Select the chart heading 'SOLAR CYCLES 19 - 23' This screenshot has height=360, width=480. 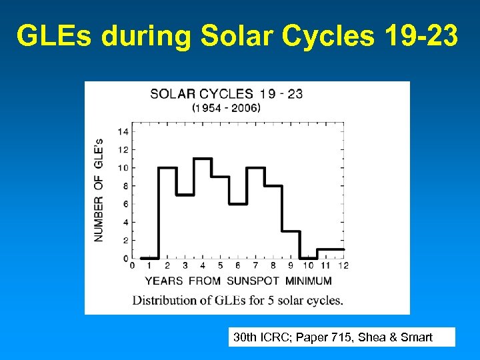[x=226, y=94]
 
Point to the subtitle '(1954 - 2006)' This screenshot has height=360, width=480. [x=226, y=107]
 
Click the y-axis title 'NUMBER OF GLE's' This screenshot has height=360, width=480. [x=99, y=190]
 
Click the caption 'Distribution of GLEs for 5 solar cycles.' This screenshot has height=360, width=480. [x=238, y=300]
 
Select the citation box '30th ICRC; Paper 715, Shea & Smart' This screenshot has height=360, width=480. [x=341, y=337]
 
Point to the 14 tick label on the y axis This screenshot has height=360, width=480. [x=123, y=131]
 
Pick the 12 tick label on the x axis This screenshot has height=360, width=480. [x=343, y=266]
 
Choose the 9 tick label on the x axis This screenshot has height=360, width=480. [x=291, y=266]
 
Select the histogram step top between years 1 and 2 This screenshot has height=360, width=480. [x=149, y=258]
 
